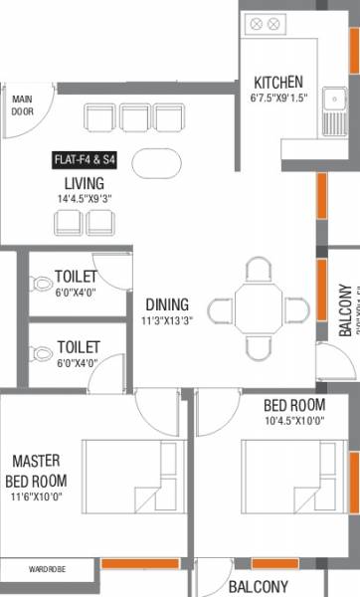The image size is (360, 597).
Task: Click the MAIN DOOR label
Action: click(22, 104)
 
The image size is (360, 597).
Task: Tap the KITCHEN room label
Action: click(278, 82)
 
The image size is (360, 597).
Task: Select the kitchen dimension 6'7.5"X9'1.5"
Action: click(278, 98)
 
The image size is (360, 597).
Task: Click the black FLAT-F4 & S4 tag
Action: click(87, 158)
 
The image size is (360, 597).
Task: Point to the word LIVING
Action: click(86, 183)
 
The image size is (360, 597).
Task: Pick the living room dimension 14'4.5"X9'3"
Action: click(86, 199)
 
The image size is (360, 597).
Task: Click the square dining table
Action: click(259, 309)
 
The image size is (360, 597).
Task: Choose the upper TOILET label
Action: click(78, 276)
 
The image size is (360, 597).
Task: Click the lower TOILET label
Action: click(78, 346)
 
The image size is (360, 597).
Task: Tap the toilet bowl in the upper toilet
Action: click(41, 284)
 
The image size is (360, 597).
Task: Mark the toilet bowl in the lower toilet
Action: click(41, 353)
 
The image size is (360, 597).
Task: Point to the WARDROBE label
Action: click(47, 570)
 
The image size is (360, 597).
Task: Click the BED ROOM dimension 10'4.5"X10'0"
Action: click(294, 420)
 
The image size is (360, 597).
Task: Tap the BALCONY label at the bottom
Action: click(260, 587)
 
